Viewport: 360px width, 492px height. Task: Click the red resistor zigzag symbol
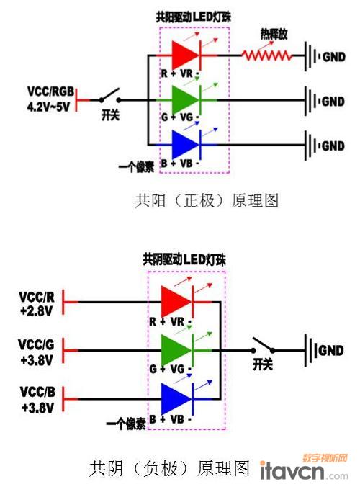pos(267,55)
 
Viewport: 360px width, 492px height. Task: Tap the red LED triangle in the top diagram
pos(185,55)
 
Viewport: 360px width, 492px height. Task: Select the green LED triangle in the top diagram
pos(185,100)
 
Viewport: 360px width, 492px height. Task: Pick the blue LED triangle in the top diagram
pos(185,145)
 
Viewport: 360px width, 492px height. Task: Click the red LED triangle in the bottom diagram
pos(176,302)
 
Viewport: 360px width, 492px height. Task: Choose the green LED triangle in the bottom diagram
pos(176,350)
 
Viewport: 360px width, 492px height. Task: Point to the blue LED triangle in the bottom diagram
pos(176,399)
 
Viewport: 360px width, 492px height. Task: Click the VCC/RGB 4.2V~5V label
pos(50,99)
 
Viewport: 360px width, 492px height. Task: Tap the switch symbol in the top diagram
pos(110,96)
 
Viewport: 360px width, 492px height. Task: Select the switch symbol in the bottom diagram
pos(264,346)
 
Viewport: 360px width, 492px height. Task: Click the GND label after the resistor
pos(334,57)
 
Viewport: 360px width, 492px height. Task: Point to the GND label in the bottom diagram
pos(330,351)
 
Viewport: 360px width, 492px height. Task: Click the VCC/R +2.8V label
pos(37,304)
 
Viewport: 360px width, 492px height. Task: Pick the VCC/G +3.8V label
pos(36,352)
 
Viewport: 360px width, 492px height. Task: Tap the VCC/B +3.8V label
pos(37,400)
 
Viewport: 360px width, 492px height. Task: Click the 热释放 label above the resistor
pos(274,34)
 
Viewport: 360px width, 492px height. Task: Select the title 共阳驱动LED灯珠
pos(194,17)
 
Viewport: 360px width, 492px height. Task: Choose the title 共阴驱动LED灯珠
pos(184,260)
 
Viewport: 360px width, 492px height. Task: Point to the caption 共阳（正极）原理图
pos(207,200)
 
